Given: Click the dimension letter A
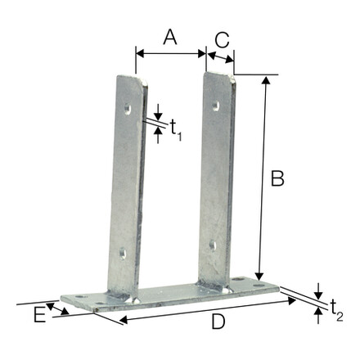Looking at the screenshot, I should [169, 36].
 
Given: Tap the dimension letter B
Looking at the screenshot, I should [277, 178].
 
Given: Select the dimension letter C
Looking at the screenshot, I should [220, 38].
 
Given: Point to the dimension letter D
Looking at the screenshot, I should [218, 322].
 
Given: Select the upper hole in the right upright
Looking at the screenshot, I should [216, 104].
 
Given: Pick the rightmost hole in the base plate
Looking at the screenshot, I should [239, 280].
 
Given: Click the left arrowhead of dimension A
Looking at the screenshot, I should [138, 53].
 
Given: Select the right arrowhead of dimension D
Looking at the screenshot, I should [294, 300].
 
